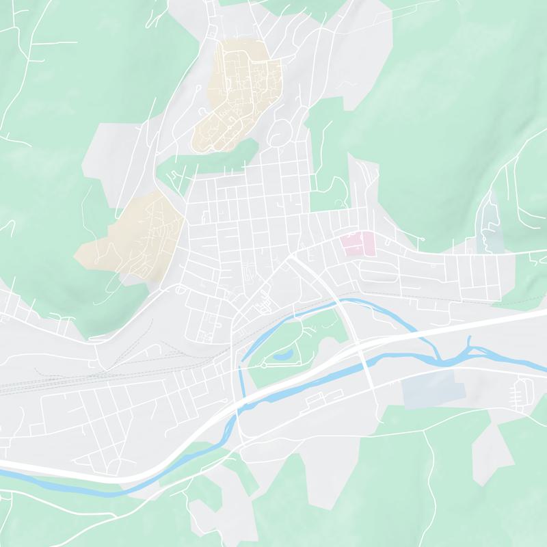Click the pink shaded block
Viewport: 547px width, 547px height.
click(x=360, y=243)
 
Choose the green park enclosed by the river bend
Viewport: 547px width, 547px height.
click(x=301, y=335)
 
